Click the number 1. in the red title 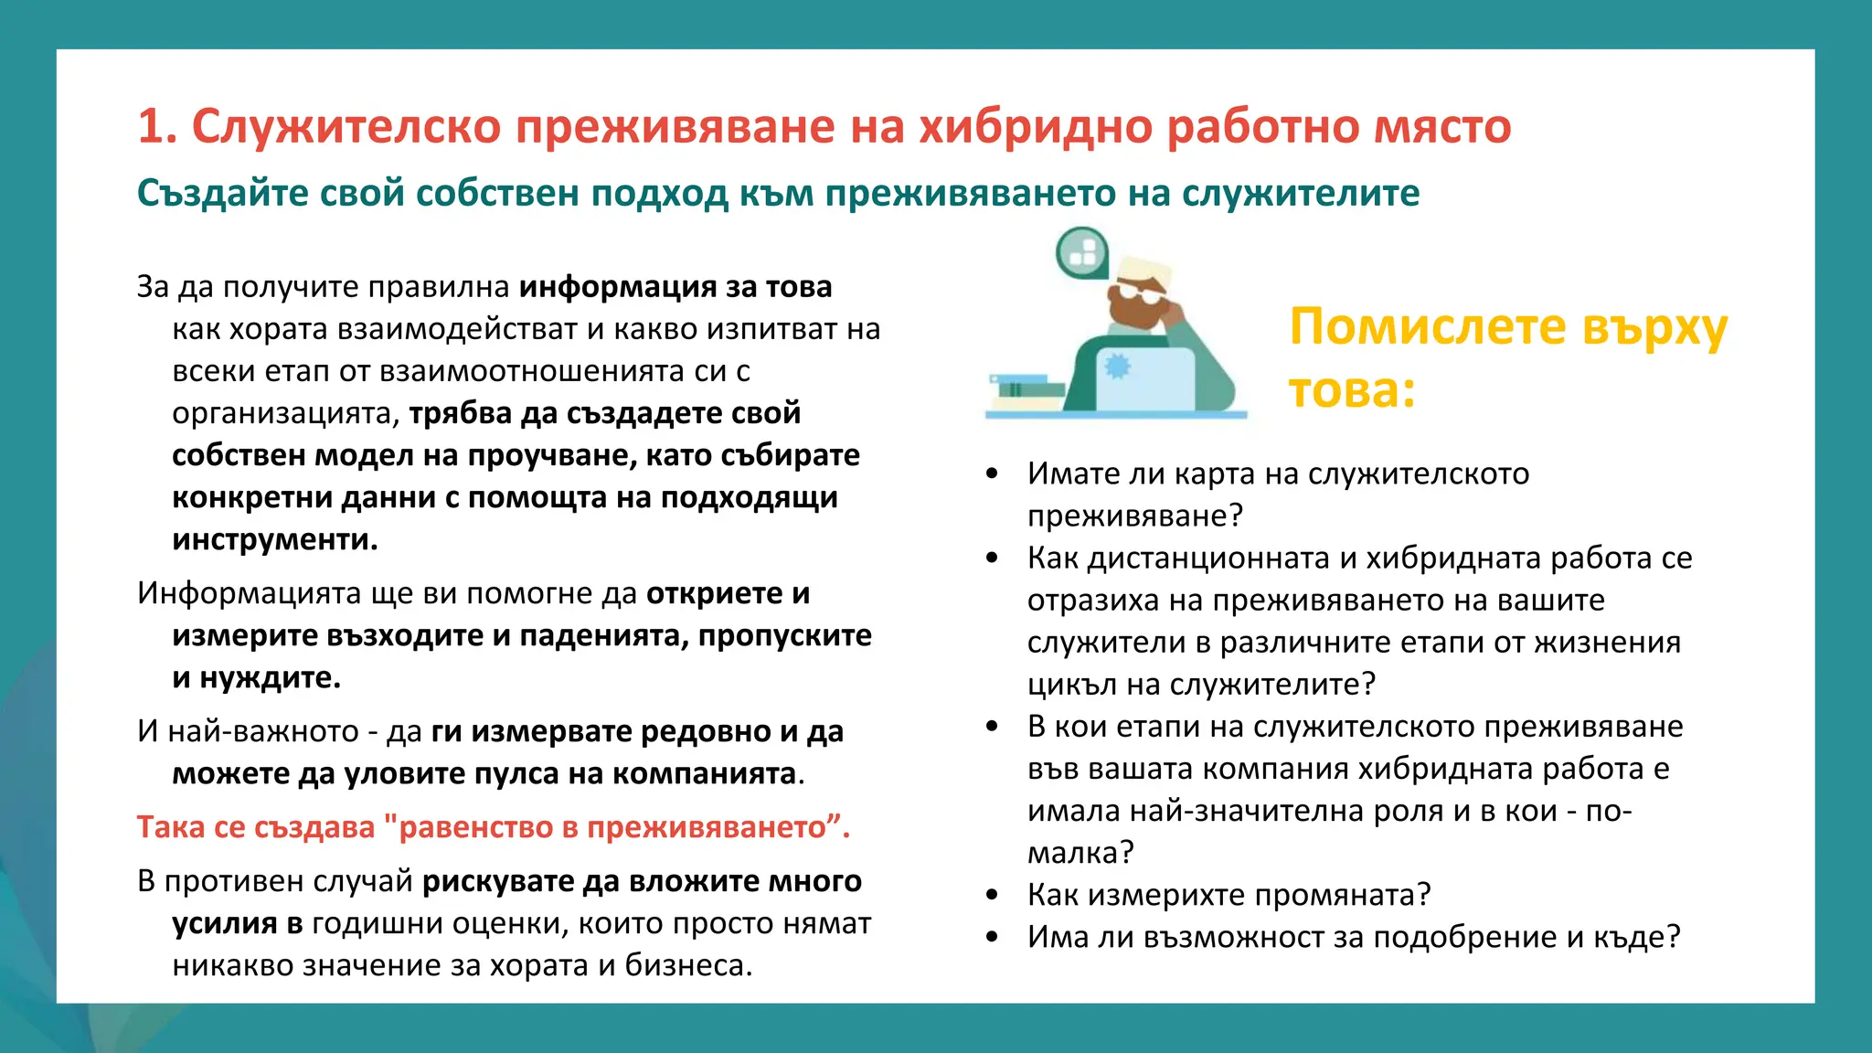click(x=156, y=126)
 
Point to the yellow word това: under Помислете click(x=1352, y=390)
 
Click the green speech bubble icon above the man click(x=1082, y=251)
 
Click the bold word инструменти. click(x=274, y=539)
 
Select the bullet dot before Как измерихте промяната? click(x=993, y=895)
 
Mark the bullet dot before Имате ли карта click(x=993, y=474)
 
